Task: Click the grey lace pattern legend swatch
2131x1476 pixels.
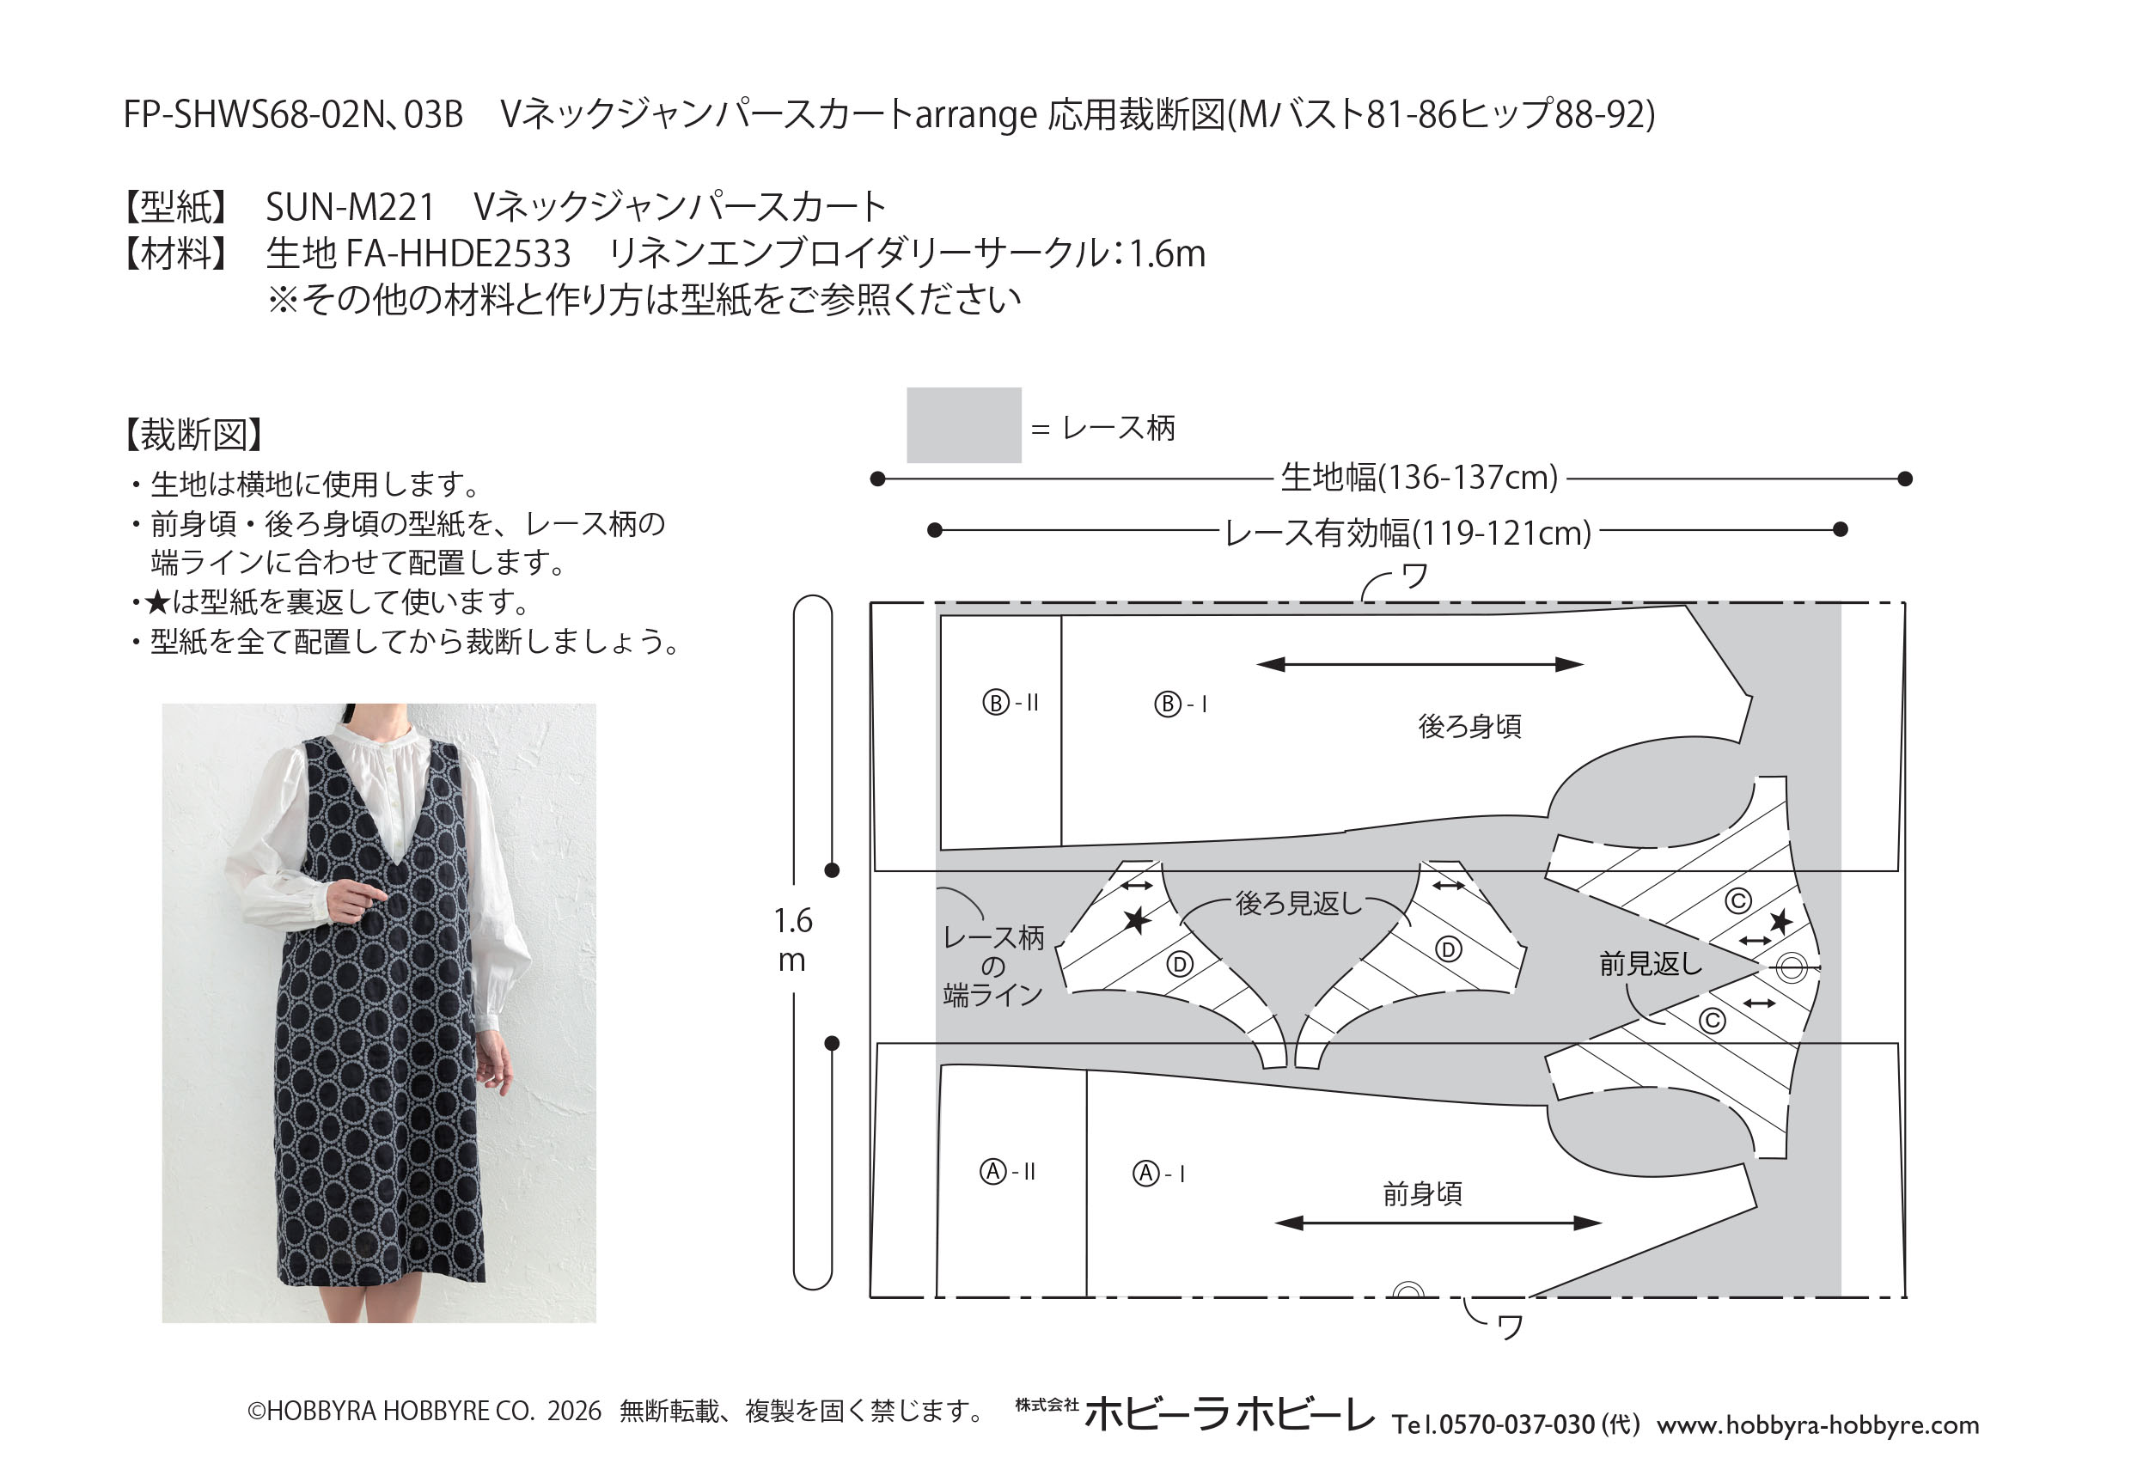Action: [x=963, y=424]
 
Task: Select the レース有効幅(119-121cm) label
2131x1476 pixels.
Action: [x=1407, y=533]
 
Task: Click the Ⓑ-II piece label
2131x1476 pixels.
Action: [x=1010, y=703]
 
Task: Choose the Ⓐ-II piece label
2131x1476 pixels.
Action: [x=1007, y=1172]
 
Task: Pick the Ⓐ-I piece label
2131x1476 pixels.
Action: [x=1159, y=1174]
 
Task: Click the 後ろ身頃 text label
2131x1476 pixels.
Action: [x=1468, y=726]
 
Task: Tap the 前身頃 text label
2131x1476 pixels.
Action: [x=1421, y=1194]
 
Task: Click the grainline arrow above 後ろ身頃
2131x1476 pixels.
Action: [x=1419, y=664]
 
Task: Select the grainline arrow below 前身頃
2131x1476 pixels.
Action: [x=1438, y=1223]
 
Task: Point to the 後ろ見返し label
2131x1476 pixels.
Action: [x=1298, y=904]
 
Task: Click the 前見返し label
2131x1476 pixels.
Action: [x=1650, y=964]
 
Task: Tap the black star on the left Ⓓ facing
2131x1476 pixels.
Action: [x=1137, y=920]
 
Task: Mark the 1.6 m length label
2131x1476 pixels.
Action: [x=792, y=941]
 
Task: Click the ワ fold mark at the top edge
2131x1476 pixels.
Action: [x=1414, y=577]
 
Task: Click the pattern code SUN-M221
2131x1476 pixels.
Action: [x=351, y=206]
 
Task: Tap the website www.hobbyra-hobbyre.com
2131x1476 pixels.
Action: [x=1818, y=1425]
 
